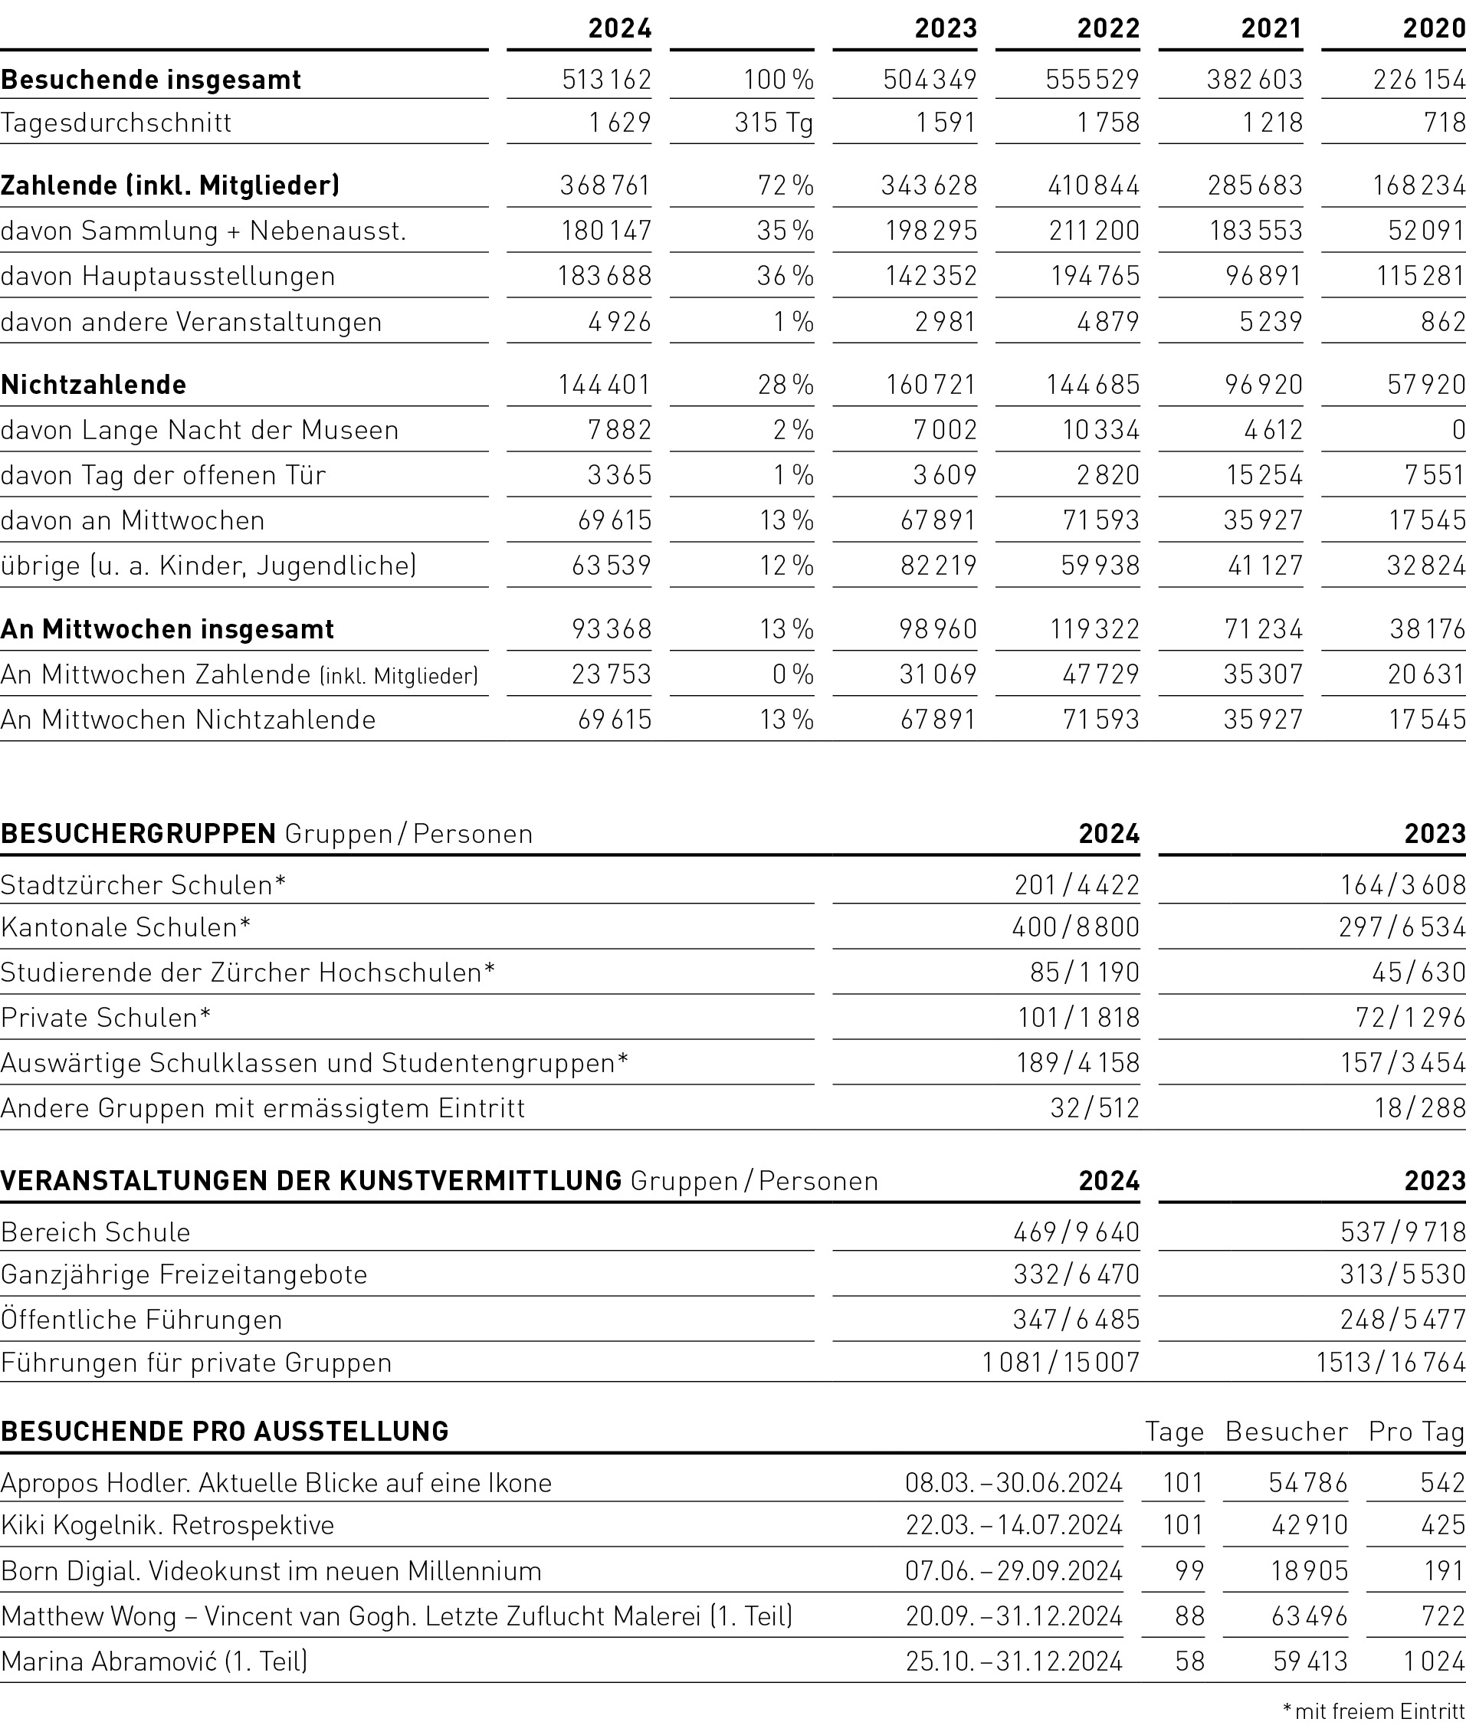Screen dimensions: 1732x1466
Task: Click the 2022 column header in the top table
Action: (x=1108, y=28)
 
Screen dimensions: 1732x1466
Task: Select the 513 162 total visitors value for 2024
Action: (x=606, y=80)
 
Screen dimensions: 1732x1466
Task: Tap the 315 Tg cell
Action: (x=773, y=123)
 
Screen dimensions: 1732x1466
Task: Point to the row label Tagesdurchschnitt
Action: (x=116, y=123)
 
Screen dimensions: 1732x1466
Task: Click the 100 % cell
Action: (x=778, y=80)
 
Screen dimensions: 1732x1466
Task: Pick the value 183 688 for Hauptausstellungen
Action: (x=604, y=276)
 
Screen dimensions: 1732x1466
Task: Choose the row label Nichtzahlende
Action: (x=94, y=385)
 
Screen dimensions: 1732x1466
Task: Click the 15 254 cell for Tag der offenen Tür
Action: (x=1263, y=474)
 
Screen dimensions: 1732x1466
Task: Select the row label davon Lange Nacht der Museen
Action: (x=199, y=430)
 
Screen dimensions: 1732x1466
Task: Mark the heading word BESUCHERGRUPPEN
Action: (x=138, y=834)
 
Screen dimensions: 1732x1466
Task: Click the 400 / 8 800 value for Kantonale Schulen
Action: (x=1075, y=927)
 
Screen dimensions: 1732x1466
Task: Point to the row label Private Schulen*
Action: (x=106, y=1017)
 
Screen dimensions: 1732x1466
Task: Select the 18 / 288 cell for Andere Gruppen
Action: (x=1419, y=1108)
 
